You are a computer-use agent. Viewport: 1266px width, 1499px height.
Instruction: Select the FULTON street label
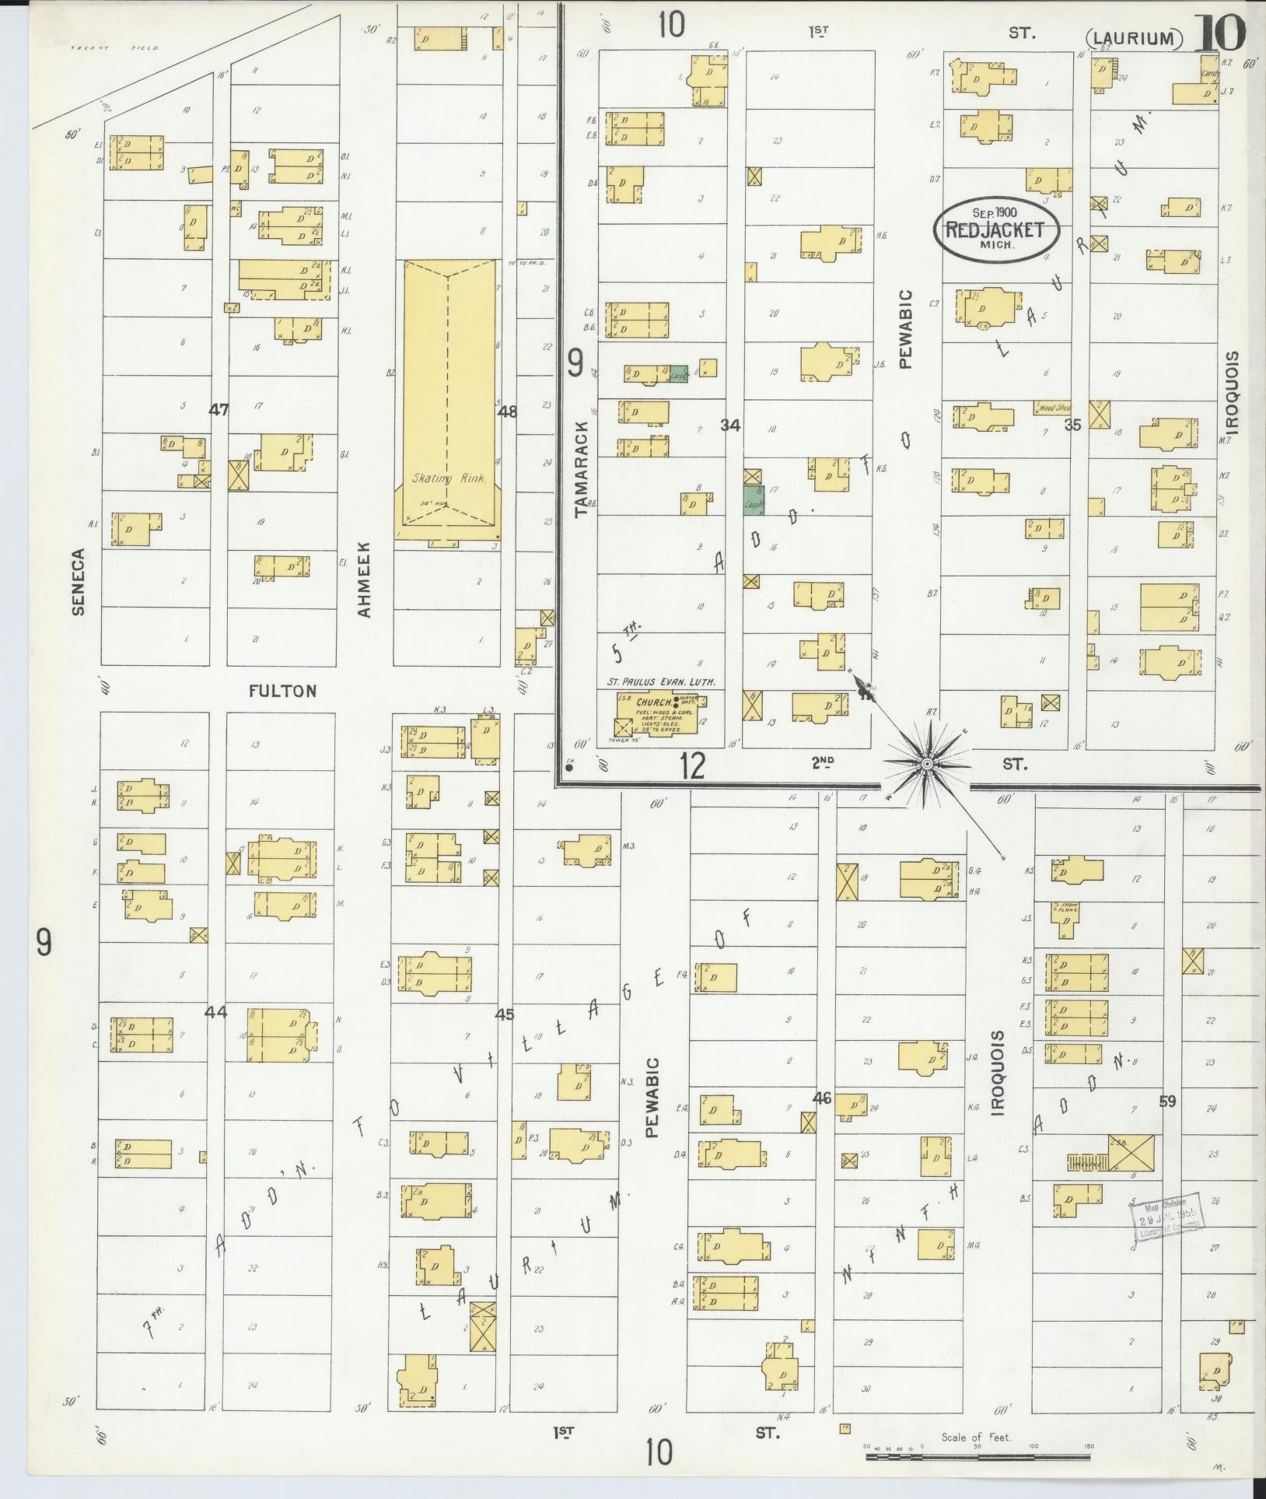pos(283,690)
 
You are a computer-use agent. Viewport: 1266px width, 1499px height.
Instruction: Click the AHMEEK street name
pos(365,580)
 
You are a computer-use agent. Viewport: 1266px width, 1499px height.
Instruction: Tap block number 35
pos(1072,425)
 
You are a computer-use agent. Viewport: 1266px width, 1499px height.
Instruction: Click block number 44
pos(215,1012)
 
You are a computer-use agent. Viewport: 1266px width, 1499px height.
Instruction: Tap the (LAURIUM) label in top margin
pos(1134,37)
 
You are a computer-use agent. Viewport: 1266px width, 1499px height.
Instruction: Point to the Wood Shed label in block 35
pos(1052,407)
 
